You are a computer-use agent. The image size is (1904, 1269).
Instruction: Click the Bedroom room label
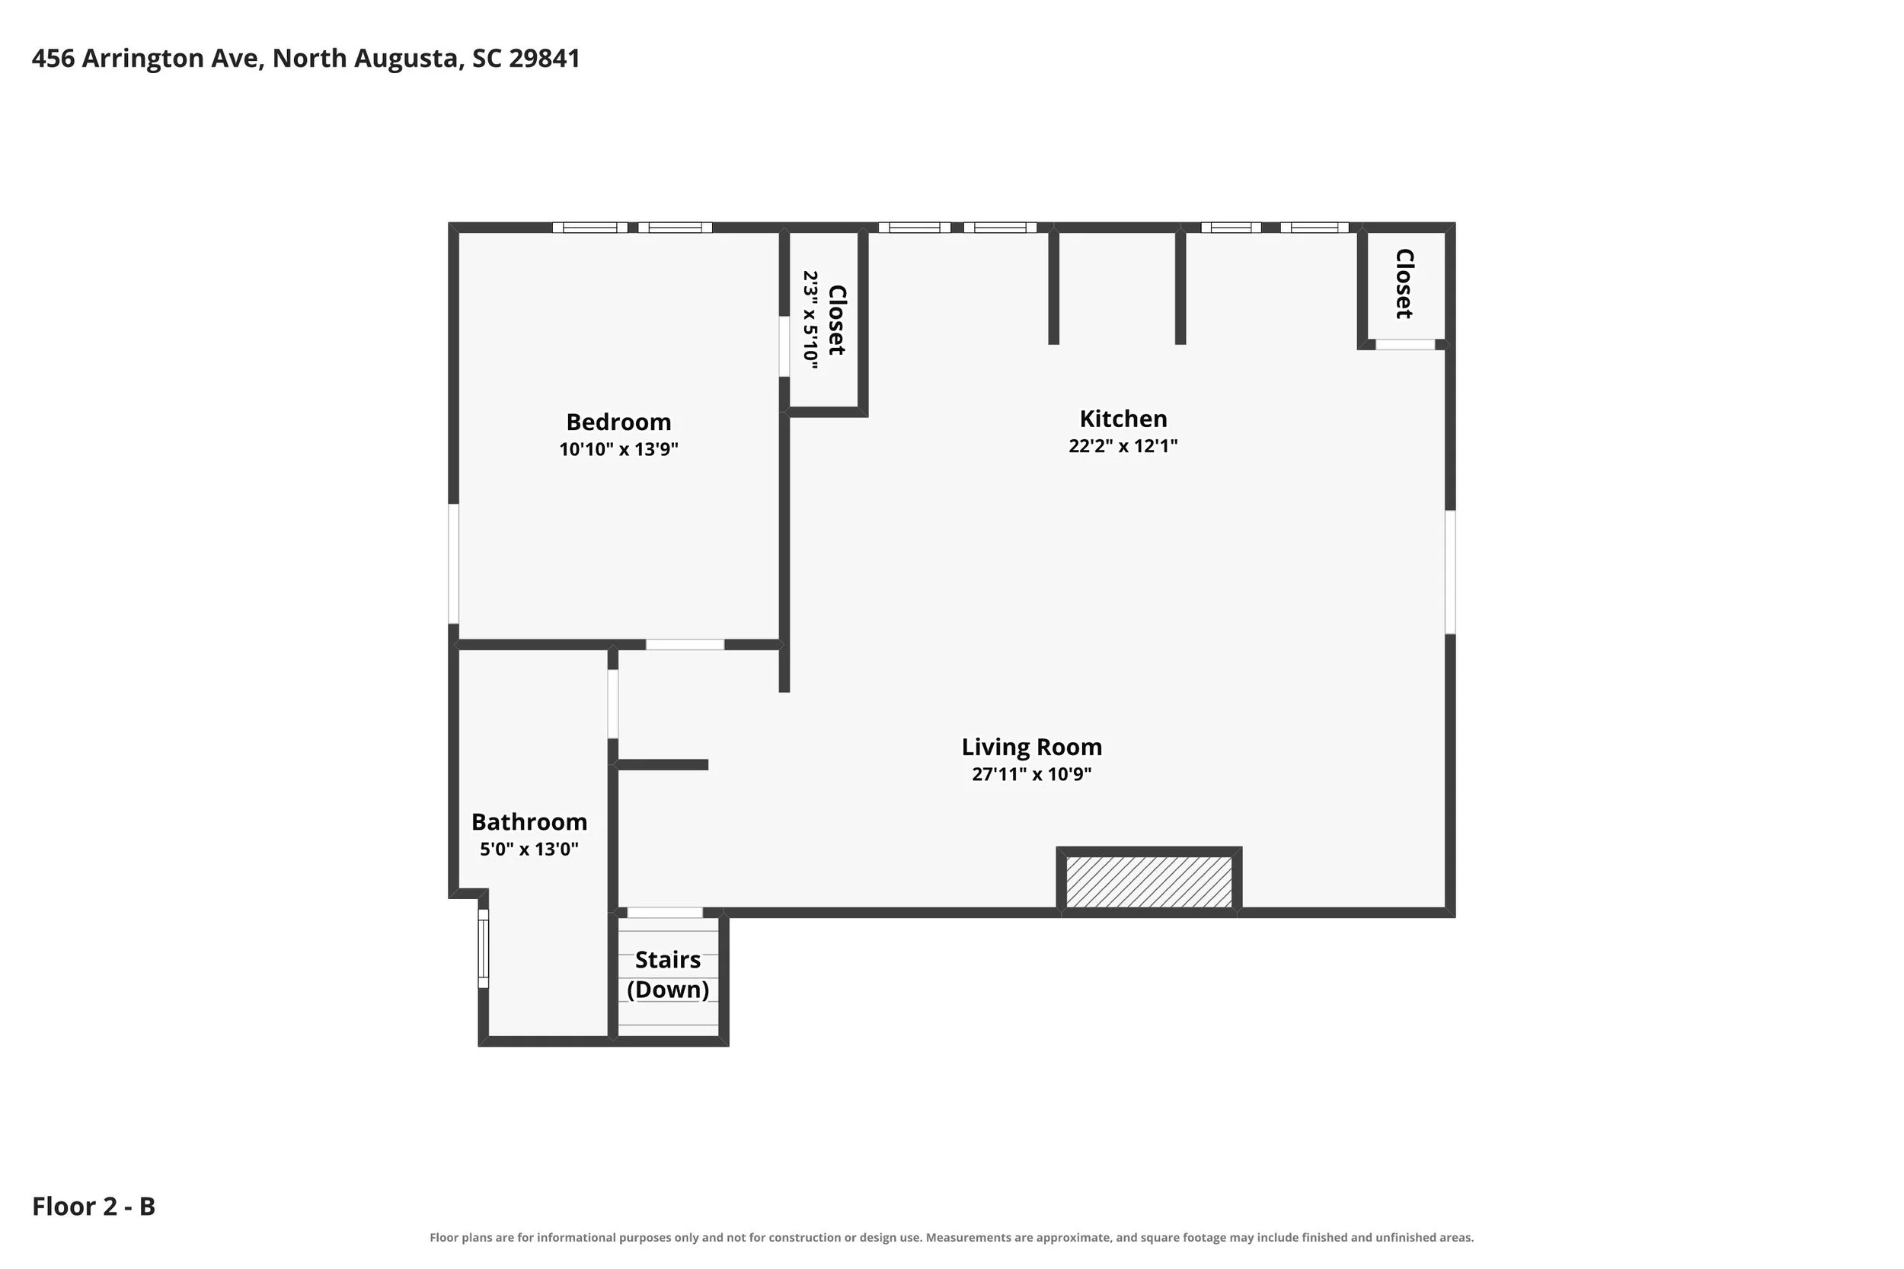pos(618,422)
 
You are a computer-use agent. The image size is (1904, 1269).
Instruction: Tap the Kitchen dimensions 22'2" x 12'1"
pos(1123,446)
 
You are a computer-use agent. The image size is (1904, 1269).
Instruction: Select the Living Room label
pos(1031,746)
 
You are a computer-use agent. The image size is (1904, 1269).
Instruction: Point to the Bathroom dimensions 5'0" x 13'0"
pos(529,849)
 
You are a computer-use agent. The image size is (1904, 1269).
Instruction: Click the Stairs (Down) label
pos(668,974)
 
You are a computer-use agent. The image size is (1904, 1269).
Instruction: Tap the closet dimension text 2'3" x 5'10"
pos(810,320)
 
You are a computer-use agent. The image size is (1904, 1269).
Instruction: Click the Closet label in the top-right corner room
pos(1404,283)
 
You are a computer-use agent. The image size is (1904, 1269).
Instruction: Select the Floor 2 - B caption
pos(93,1206)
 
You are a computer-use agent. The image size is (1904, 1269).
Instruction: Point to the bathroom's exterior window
pos(484,949)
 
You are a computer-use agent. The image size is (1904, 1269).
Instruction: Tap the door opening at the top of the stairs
pos(665,912)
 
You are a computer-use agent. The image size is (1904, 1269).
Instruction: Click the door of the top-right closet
pos(1405,345)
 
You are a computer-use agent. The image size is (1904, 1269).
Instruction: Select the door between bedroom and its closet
pos(784,346)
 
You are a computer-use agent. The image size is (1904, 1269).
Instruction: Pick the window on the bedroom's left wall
pos(453,564)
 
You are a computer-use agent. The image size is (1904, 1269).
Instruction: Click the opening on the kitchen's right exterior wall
pos(1450,572)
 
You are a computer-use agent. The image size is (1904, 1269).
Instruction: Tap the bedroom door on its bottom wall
pos(685,644)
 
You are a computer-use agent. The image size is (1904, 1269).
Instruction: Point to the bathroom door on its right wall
pos(613,704)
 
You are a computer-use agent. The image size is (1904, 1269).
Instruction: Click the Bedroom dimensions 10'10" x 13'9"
pos(618,449)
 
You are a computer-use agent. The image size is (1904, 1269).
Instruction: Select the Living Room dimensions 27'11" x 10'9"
pos(1031,774)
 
